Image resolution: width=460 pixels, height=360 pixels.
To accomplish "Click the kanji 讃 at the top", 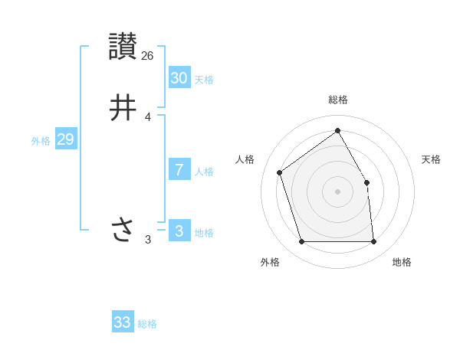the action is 123,46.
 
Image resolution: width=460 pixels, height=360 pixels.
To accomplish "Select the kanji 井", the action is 123,107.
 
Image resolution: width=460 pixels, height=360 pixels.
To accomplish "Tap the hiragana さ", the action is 123,229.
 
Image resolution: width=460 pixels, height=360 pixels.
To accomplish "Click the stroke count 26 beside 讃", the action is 148,55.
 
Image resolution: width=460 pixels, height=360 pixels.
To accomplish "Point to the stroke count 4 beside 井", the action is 148,117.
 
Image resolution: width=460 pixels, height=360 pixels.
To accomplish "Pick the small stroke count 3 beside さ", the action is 148,240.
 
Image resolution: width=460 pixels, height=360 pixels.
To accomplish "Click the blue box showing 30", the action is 179,77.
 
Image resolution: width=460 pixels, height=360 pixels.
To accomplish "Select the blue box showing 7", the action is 179,169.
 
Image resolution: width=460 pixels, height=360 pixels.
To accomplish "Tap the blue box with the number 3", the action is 179,231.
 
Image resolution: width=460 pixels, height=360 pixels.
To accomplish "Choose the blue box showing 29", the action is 65,139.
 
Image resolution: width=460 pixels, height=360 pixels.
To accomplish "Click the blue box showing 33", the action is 123,322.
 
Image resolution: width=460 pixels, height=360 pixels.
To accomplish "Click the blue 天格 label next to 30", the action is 204,80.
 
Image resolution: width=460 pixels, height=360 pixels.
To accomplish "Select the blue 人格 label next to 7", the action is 204,172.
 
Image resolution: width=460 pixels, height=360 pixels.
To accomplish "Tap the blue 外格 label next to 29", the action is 41,141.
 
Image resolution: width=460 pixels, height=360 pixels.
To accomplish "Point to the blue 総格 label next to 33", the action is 147,324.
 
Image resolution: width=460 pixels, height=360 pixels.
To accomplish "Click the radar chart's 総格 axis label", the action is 338,100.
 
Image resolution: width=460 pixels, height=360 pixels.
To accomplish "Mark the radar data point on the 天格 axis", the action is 366,182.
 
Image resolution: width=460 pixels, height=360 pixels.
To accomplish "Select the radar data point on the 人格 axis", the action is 280,172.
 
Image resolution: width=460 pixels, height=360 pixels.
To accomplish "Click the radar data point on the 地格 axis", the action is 373,242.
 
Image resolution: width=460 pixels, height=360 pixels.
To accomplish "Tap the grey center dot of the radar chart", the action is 337,191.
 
